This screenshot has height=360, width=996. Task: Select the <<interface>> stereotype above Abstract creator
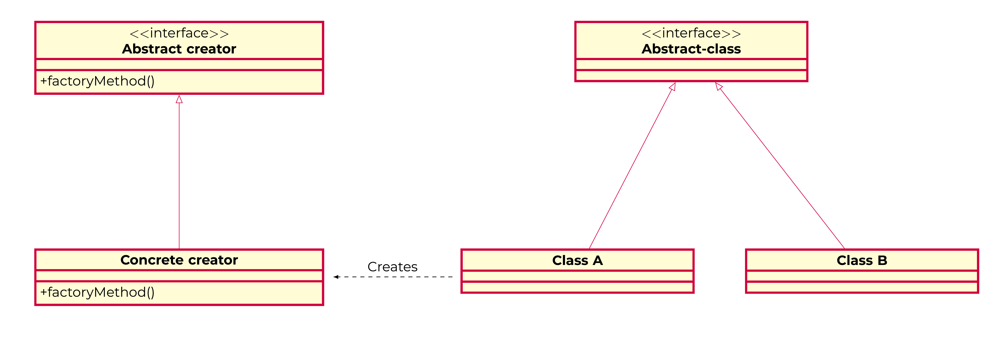pyautogui.click(x=179, y=33)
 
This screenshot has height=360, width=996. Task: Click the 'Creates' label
pyautogui.click(x=392, y=267)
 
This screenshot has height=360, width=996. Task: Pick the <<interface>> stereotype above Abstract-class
pyautogui.click(x=691, y=33)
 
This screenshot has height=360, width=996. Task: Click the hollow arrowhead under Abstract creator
pyautogui.click(x=179, y=99)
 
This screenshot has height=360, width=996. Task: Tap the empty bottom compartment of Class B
pyautogui.click(x=862, y=287)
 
